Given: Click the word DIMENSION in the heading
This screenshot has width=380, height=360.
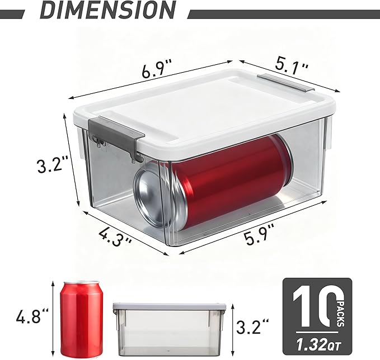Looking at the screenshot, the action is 107,10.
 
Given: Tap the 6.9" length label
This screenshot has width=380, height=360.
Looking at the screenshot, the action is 157,69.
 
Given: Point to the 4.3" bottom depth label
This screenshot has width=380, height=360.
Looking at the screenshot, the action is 115,235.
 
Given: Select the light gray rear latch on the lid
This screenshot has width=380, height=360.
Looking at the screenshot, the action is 286,83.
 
